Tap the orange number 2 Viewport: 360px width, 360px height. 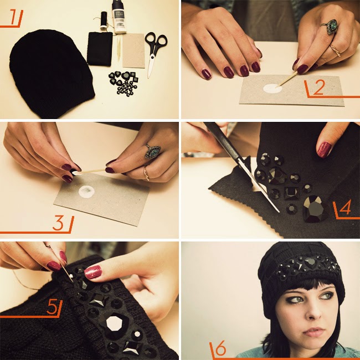tap(318, 88)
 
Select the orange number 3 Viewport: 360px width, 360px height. tap(58, 223)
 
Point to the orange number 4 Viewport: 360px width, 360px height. tap(345, 207)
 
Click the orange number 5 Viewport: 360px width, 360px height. tap(52, 307)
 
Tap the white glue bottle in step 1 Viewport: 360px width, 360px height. tap(118, 17)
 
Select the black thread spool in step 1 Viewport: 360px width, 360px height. tap(104, 20)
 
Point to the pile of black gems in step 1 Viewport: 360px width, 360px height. tap(124, 83)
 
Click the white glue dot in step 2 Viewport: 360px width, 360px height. tap(272, 89)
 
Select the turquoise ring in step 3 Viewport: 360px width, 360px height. tap(152, 151)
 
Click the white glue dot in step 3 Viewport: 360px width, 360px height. tap(86, 191)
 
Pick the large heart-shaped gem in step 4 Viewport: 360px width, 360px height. tap(315, 208)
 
